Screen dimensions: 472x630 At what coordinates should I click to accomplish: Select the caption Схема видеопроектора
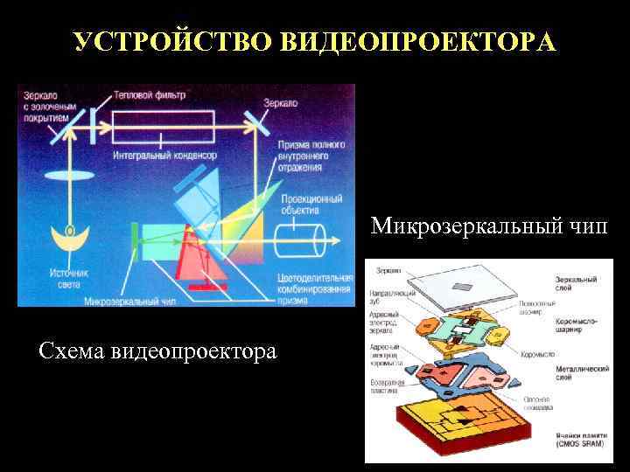pos(157,351)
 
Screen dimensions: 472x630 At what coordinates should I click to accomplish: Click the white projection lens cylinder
pos(299,240)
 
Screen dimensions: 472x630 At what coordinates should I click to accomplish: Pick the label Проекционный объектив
pos(311,204)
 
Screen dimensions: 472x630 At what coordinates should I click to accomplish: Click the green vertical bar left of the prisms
pos(135,235)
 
